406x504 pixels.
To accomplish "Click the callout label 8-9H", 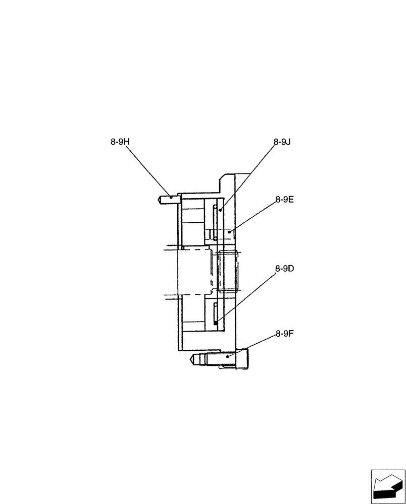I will pos(120,142).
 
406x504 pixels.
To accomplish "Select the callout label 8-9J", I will pos(283,142).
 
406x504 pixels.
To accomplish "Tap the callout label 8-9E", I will pos(285,200).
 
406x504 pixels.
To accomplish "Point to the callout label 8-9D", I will pos(285,269).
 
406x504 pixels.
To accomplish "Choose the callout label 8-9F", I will pos(285,333).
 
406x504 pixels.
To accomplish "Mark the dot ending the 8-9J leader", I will pos(221,209).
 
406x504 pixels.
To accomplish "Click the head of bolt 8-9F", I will pos(242,359).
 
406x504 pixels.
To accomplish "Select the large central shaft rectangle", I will pos(194,272).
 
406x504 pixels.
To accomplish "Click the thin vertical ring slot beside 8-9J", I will pos(216,222).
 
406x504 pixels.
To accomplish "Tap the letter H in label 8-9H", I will pos(127,142).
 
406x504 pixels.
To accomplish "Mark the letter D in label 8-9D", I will pos(291,269).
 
